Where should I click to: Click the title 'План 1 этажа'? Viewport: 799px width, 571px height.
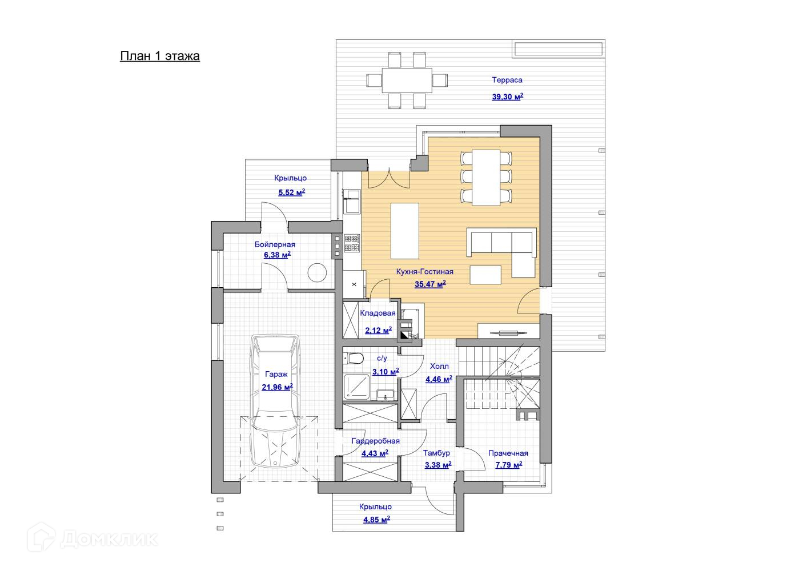pyautogui.click(x=160, y=56)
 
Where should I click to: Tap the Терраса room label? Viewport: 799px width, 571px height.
pyautogui.click(x=507, y=80)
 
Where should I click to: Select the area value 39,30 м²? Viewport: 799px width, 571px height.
pyautogui.click(x=507, y=97)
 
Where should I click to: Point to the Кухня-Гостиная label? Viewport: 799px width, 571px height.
pyautogui.click(x=425, y=272)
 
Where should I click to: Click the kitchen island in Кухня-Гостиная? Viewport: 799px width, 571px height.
pyautogui.click(x=404, y=231)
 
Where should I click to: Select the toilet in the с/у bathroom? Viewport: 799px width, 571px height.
pyautogui.click(x=355, y=359)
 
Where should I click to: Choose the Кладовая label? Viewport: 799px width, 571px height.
pyautogui.click(x=378, y=313)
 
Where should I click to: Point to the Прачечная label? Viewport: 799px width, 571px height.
pyautogui.click(x=508, y=453)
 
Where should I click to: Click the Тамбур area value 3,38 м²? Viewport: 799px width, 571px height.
pyautogui.click(x=437, y=465)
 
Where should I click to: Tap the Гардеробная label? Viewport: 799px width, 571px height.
pyautogui.click(x=375, y=441)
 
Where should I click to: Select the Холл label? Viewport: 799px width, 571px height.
pyautogui.click(x=439, y=366)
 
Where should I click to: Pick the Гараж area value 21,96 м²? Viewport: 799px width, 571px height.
pyautogui.click(x=277, y=387)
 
